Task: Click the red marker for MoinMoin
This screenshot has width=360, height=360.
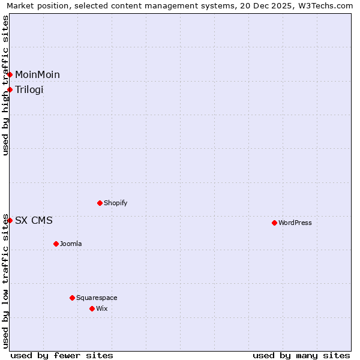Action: [x=10, y=74]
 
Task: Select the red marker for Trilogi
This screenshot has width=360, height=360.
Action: [x=10, y=89]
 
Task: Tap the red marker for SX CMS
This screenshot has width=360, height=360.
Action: [x=10, y=220]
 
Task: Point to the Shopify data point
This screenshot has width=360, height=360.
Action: [x=100, y=203]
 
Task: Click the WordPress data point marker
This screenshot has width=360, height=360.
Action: [x=274, y=223]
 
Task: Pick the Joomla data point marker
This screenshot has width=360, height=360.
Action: [x=56, y=244]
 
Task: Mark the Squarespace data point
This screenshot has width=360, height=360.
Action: [x=72, y=298]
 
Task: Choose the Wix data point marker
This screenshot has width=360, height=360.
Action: [x=92, y=308]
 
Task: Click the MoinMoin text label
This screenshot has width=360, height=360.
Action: [x=37, y=74]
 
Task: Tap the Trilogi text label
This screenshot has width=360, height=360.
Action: [x=29, y=89]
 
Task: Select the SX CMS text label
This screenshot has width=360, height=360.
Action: [x=34, y=220]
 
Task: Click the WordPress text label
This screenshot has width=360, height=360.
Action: [x=295, y=223]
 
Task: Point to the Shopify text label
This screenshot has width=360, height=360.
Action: [x=116, y=203]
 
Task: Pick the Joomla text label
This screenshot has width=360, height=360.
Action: [x=71, y=244]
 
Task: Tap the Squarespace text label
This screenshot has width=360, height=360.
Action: [x=97, y=298]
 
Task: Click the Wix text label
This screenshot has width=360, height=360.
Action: [x=101, y=308]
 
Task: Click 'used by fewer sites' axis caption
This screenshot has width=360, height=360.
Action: [x=62, y=355]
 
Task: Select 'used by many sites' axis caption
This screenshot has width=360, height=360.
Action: [x=301, y=355]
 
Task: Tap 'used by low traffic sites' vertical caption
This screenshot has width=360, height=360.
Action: [x=6, y=281]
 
